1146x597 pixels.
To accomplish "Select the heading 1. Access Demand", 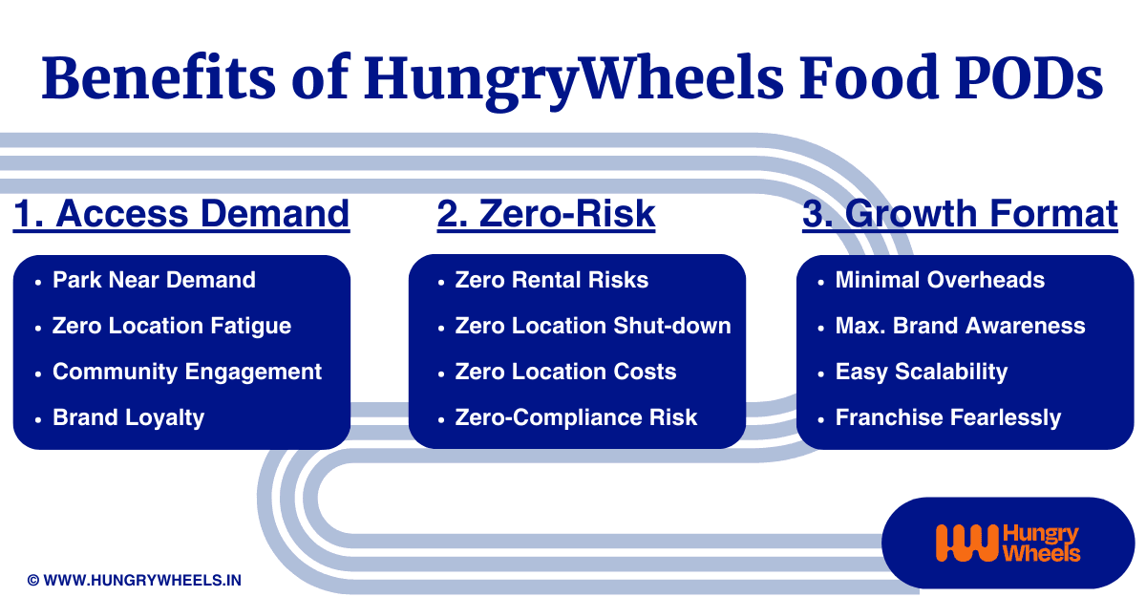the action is pyautogui.click(x=181, y=213).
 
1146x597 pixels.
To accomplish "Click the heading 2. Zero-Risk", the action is pyautogui.click(x=546, y=213).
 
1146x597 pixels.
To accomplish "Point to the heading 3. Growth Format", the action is pyautogui.click(x=960, y=213).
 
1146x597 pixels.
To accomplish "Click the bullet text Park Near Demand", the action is pyautogui.click(x=154, y=280).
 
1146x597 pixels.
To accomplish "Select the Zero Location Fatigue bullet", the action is pyautogui.click(x=172, y=326).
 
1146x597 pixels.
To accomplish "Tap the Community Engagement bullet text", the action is pyautogui.click(x=187, y=372).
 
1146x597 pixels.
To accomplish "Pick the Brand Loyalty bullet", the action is pyautogui.click(x=128, y=418).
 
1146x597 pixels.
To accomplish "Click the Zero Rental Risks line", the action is pyautogui.click(x=552, y=280).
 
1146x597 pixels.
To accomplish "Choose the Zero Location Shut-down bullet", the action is pyautogui.click(x=593, y=326).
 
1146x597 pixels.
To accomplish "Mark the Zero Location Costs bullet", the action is pyautogui.click(x=565, y=372).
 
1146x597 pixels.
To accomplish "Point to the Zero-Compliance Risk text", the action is pyautogui.click(x=576, y=417).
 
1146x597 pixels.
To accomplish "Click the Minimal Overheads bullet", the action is pyautogui.click(x=940, y=280).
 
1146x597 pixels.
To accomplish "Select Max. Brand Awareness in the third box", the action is pyautogui.click(x=961, y=326).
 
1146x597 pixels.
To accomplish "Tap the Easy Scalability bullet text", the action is pyautogui.click(x=922, y=372).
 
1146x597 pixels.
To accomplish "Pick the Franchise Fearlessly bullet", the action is pyautogui.click(x=948, y=418).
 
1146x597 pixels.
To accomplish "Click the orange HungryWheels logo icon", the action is pyautogui.click(x=966, y=543).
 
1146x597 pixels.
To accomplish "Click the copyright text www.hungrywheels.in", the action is pyautogui.click(x=134, y=580).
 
